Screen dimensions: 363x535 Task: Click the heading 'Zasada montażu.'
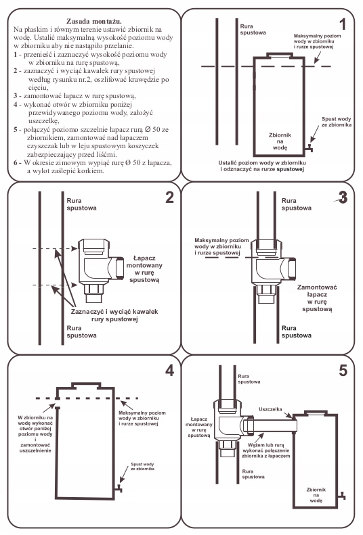coord(94,21)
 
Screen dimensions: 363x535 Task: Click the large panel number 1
coord(343,24)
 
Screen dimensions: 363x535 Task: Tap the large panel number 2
coord(170,197)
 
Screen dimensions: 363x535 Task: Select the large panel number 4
coord(170,370)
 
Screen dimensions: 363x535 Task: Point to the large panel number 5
coord(343,370)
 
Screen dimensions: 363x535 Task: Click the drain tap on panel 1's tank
coord(309,147)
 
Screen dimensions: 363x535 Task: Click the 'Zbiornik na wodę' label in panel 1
coord(280,141)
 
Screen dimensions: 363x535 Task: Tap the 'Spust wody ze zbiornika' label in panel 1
coord(337,122)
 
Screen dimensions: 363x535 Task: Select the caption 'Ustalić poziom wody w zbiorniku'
coord(262,163)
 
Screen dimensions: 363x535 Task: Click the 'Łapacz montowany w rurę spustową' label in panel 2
coord(144,269)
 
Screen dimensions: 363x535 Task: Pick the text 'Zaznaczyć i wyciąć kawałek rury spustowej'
coord(114,315)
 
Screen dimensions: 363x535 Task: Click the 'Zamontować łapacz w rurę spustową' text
coord(317,298)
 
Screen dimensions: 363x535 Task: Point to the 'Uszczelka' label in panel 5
coord(270,409)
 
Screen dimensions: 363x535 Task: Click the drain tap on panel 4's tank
coord(119,488)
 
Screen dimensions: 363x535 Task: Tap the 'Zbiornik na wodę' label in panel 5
coord(316,495)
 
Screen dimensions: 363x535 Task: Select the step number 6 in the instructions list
coord(16,163)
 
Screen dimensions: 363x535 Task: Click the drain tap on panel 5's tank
coord(342,496)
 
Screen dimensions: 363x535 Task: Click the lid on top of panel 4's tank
coord(86,386)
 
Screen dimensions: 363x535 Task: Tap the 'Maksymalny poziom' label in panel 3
coord(221,240)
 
